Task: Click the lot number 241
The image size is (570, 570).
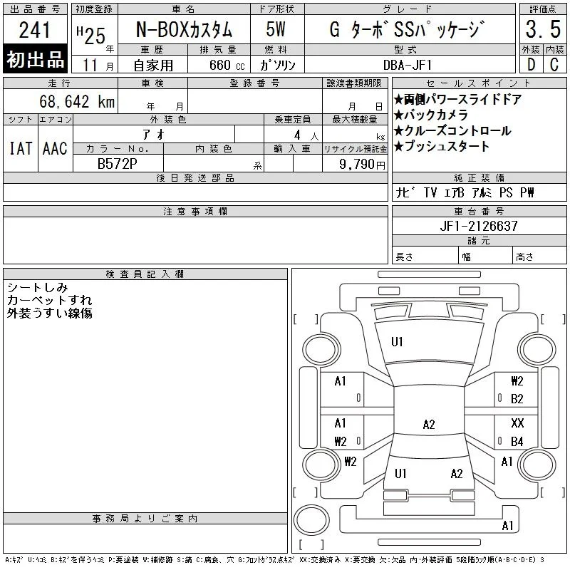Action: pyautogui.click(x=34, y=30)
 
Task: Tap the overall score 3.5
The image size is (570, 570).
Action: pyautogui.click(x=543, y=29)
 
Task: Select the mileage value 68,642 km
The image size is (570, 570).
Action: pyautogui.click(x=77, y=101)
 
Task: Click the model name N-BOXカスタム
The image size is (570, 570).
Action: pyautogui.click(x=184, y=29)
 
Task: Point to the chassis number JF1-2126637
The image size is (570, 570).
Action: pyautogui.click(x=479, y=226)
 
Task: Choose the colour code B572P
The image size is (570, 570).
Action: pyautogui.click(x=118, y=164)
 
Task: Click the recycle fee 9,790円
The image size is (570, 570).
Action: pyautogui.click(x=362, y=165)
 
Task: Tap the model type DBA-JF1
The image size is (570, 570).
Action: pyautogui.click(x=408, y=65)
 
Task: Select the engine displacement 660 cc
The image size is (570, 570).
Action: pyautogui.click(x=227, y=66)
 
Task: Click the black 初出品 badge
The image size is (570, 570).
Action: pyautogui.click(x=35, y=59)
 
